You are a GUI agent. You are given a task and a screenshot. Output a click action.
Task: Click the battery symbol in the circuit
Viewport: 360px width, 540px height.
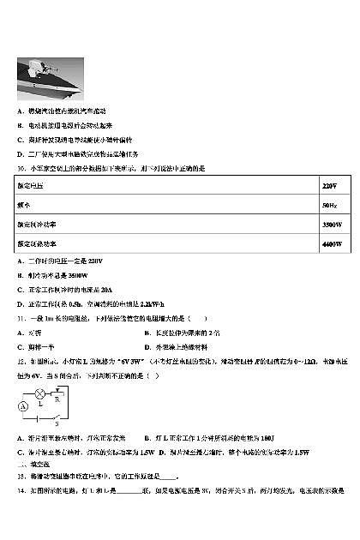36,419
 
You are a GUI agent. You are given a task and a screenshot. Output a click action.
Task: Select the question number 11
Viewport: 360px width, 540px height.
21,318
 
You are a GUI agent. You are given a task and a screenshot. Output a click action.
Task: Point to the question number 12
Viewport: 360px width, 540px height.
21,362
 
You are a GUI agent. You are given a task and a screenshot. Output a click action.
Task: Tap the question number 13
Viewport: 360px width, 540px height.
21,476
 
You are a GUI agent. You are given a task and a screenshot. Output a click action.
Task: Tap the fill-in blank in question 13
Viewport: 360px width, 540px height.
169,477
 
